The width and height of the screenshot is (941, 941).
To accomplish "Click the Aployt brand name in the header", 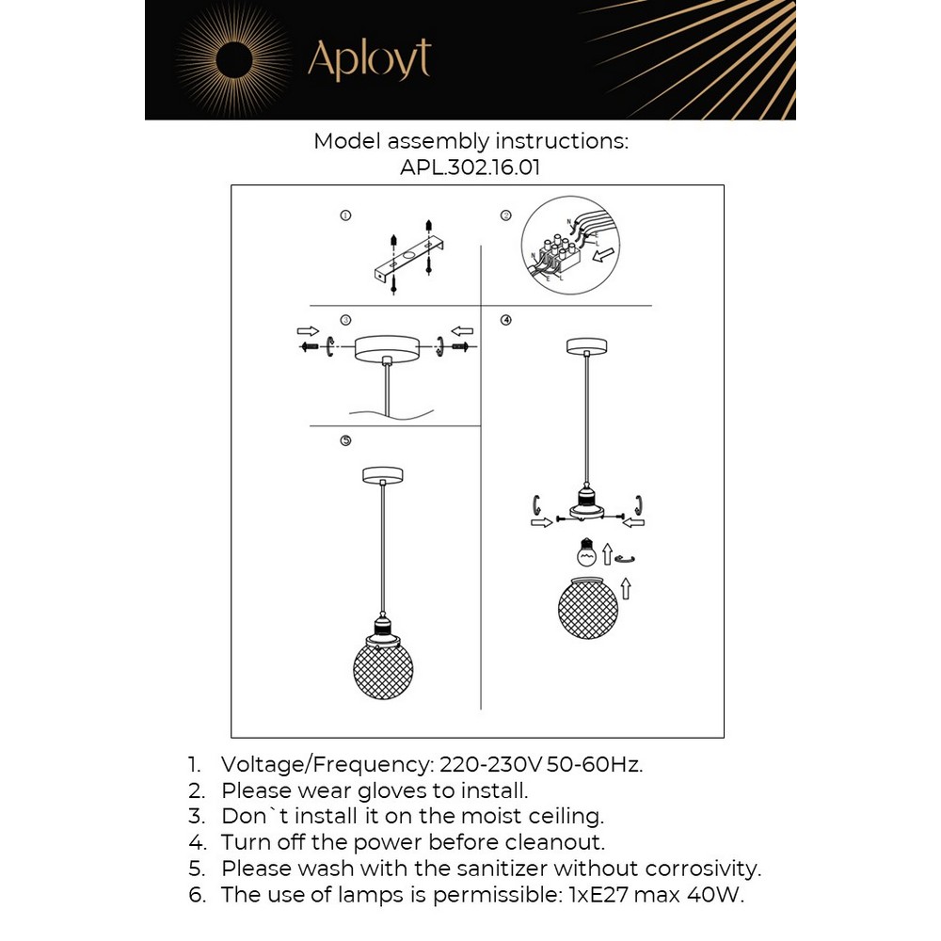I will (x=369, y=59).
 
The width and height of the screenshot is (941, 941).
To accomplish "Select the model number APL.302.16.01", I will (x=470, y=167).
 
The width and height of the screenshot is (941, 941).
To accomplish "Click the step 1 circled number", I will (x=345, y=215).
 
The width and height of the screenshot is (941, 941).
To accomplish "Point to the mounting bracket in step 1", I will (x=407, y=260).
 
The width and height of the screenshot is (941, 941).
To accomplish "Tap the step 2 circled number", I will (x=505, y=215).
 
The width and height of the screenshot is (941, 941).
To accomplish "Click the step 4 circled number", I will (x=505, y=320).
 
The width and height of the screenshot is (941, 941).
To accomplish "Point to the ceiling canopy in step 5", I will (x=382, y=474).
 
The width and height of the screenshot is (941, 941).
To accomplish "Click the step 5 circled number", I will (x=345, y=439).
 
